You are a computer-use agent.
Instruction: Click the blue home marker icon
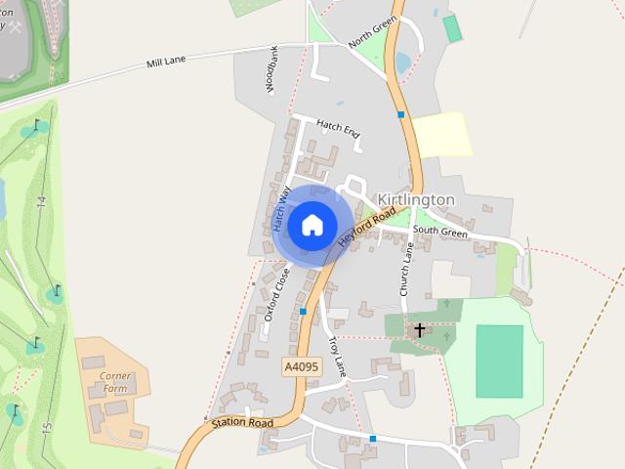(x=312, y=225)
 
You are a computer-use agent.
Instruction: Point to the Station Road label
(x=241, y=423)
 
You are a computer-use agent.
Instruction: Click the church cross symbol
(x=420, y=330)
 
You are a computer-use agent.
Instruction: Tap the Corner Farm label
(x=114, y=381)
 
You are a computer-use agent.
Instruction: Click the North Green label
(x=372, y=31)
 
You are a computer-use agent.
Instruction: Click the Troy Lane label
(x=337, y=357)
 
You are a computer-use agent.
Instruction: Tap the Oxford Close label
(x=277, y=290)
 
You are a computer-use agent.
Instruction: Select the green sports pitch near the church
(x=499, y=361)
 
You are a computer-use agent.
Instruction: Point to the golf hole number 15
(x=45, y=427)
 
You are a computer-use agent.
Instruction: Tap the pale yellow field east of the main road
(x=441, y=134)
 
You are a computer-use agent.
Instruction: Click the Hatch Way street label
(x=282, y=208)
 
